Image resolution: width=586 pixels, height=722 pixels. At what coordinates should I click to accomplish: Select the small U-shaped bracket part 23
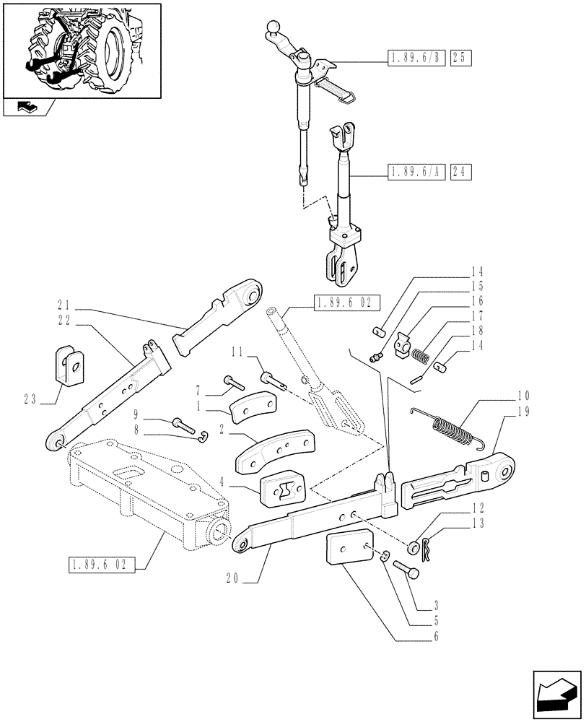click(x=70, y=365)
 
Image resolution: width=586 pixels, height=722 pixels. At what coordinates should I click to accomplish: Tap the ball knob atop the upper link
click(x=274, y=28)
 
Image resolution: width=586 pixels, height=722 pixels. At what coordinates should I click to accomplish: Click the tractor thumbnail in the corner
click(x=81, y=49)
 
